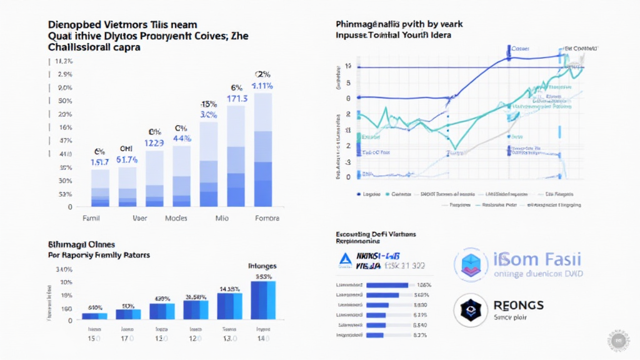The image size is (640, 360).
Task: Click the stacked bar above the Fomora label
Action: click(x=262, y=150)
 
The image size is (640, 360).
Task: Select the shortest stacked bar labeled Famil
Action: click(x=100, y=187)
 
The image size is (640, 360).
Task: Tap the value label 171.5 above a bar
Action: click(x=237, y=99)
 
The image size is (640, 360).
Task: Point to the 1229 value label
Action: click(x=154, y=142)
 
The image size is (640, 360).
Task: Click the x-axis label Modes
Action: click(x=176, y=219)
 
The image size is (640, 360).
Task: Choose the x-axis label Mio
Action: click(x=222, y=219)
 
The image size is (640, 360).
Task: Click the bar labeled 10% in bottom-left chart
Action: click(x=128, y=314)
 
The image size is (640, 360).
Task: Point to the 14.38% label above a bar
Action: click(x=229, y=289)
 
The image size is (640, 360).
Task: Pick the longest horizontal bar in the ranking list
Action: click(x=388, y=285)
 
